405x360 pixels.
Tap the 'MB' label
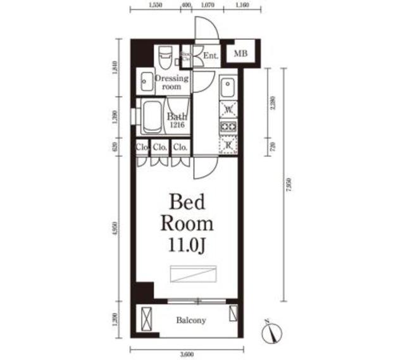coord(240,53)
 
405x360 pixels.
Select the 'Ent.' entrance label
coord(211,56)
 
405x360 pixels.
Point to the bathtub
coord(151,116)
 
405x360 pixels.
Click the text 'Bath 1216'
coord(176,120)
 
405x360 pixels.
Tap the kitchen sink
coord(227,85)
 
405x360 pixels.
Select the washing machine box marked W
coord(227,109)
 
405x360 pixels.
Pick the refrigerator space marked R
coord(227,145)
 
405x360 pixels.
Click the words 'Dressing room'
coord(171,82)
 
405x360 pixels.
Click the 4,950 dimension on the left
coord(115,227)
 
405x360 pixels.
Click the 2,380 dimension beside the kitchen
coord(273,102)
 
